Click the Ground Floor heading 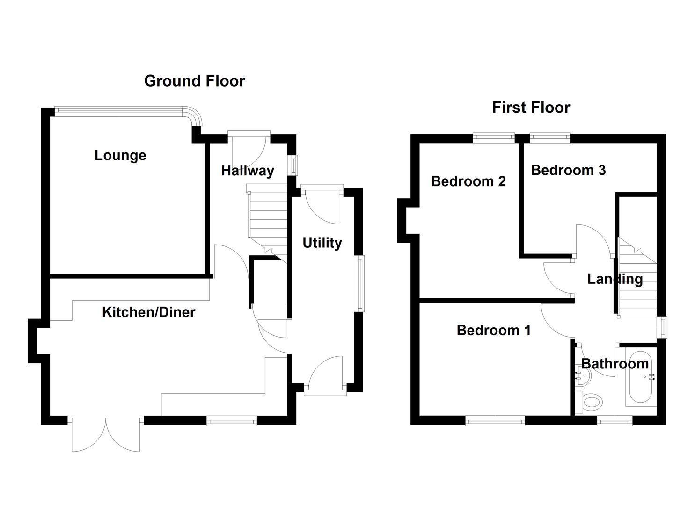194,81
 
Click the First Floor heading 531,108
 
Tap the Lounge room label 120,155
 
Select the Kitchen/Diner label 148,312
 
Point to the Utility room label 322,243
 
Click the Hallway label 248,171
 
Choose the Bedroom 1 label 494,330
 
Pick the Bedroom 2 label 468,181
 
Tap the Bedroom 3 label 568,170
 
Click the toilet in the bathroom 591,402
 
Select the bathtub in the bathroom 640,377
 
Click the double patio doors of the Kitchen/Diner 106,435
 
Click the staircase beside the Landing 637,281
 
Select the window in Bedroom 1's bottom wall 495,421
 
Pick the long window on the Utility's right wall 359,283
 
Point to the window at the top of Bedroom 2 493,137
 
